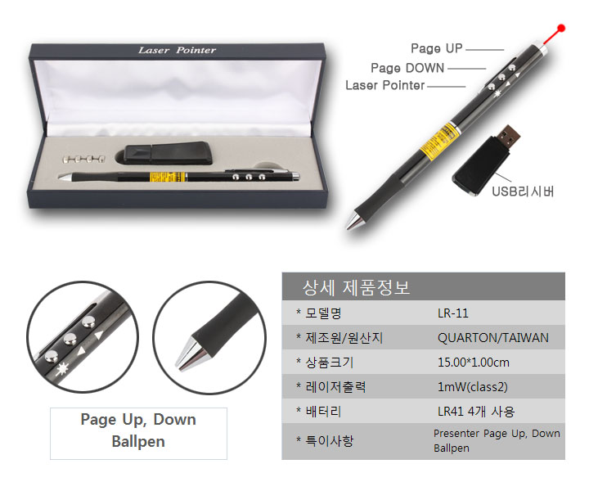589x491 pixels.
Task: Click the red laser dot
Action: click(x=561, y=28)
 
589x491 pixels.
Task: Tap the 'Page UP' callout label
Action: click(x=437, y=48)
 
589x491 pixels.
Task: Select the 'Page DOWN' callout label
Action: click(x=407, y=68)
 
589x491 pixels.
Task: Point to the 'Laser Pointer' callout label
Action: click(x=385, y=85)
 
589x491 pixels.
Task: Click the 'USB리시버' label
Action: click(x=523, y=191)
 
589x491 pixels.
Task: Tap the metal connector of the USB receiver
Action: click(x=510, y=137)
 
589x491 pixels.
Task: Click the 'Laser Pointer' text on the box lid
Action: click(x=177, y=50)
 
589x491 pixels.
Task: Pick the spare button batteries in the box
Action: click(x=83, y=160)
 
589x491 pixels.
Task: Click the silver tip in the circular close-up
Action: click(x=191, y=353)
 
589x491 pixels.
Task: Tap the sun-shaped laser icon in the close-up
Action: click(x=62, y=370)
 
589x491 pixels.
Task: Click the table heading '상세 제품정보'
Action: click(x=356, y=288)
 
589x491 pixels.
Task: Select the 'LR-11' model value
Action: click(x=453, y=313)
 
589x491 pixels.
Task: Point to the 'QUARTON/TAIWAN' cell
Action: click(x=492, y=338)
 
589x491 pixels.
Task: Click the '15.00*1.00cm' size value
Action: click(x=474, y=363)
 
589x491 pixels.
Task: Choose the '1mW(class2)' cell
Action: click(x=473, y=387)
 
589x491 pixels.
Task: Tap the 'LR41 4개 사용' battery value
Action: click(x=476, y=412)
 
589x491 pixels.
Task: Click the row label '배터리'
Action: click(x=323, y=412)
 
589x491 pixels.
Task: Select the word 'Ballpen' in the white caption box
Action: click(x=138, y=442)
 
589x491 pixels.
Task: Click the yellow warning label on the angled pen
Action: click(x=438, y=140)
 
